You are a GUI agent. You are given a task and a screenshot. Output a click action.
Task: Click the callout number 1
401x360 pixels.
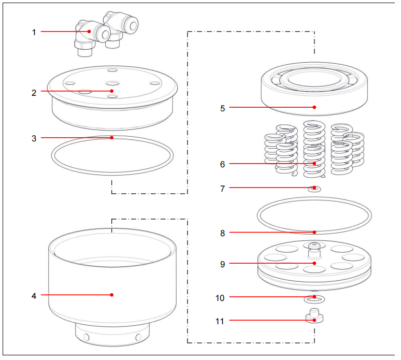(x=34, y=33)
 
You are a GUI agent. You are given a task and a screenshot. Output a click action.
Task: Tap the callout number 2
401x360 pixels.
(x=34, y=93)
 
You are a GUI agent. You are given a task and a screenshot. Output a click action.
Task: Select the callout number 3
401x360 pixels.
(x=34, y=139)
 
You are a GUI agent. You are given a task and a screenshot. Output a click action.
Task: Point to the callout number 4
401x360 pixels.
(x=34, y=296)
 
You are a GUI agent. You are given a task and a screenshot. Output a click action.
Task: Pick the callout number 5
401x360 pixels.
(x=222, y=108)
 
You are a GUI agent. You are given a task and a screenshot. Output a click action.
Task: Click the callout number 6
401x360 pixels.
(x=222, y=164)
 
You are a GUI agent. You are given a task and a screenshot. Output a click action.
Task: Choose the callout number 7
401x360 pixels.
(x=222, y=189)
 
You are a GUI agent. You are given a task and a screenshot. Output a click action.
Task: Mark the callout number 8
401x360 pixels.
(x=222, y=233)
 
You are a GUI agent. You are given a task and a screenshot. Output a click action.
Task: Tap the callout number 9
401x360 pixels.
(x=222, y=264)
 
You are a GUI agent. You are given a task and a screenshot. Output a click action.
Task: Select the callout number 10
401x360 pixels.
(x=220, y=298)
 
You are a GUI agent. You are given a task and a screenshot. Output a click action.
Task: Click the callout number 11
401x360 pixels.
(x=220, y=321)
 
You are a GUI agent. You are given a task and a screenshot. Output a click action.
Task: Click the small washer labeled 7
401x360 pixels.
(x=314, y=189)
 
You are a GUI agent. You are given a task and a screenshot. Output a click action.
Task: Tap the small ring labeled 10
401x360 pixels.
(x=314, y=299)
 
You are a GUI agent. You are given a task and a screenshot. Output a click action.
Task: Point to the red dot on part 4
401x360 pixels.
(x=112, y=295)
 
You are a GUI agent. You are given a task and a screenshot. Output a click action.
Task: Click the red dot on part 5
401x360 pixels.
(x=314, y=107)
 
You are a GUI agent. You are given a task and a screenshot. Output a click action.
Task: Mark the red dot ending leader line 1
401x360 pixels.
(x=89, y=32)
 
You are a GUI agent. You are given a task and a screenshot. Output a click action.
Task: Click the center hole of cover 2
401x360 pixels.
(x=112, y=83)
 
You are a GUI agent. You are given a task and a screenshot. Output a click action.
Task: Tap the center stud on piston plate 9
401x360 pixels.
(x=314, y=250)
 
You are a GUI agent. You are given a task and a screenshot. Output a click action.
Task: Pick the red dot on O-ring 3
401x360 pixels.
(x=112, y=138)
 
